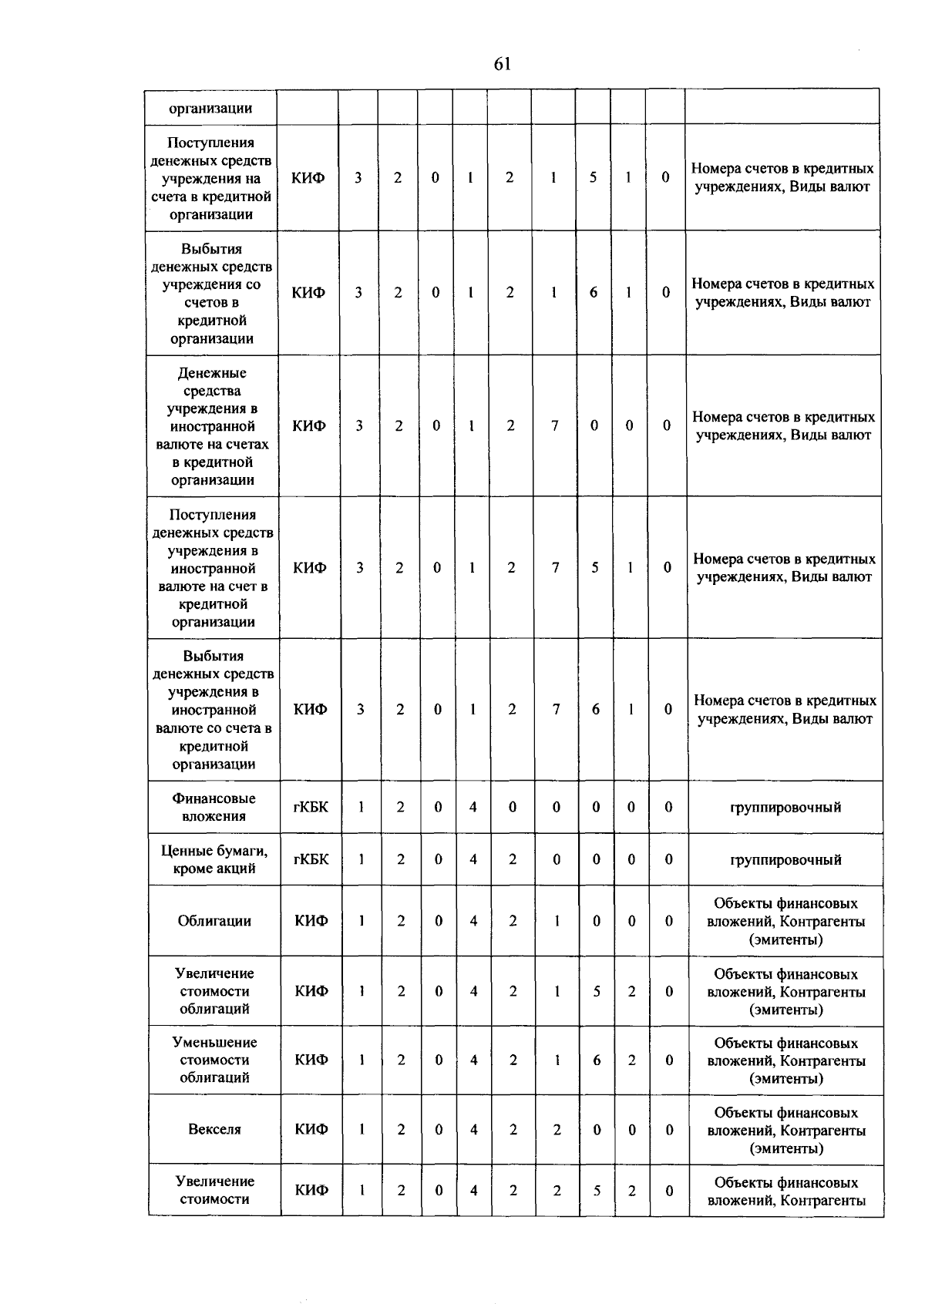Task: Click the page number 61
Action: [x=502, y=65]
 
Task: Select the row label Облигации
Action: [x=214, y=921]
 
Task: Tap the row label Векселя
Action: [x=214, y=1130]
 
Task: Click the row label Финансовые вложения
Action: [x=214, y=808]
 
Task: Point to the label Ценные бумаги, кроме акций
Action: [x=214, y=860]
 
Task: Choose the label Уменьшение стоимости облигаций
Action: [x=214, y=1060]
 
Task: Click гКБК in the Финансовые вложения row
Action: [x=311, y=808]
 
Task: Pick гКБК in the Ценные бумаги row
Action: [x=311, y=859]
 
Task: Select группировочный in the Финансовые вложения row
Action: [x=785, y=808]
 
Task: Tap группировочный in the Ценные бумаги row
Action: [x=785, y=860]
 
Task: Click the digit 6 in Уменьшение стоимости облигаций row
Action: [x=597, y=1060]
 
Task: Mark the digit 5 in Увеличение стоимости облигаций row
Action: [x=597, y=992]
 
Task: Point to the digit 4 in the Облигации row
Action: [x=473, y=921]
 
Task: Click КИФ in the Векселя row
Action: [x=311, y=1130]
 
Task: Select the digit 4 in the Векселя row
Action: [x=473, y=1130]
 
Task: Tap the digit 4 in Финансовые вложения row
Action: [x=473, y=808]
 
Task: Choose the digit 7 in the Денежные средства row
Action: [x=554, y=425]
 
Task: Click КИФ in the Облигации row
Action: [x=311, y=921]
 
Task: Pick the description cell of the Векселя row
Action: [x=786, y=1131]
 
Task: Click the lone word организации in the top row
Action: [x=211, y=109]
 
